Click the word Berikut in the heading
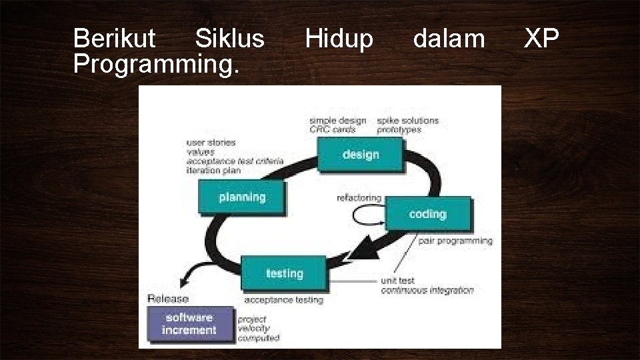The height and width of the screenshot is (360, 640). pyautogui.click(x=114, y=39)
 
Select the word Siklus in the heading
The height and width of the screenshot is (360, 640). pyautogui.click(x=229, y=39)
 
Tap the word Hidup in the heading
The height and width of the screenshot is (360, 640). pyautogui.click(x=339, y=39)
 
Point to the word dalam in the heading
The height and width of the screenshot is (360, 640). pyautogui.click(x=449, y=39)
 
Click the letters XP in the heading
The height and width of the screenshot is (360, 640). pyautogui.click(x=541, y=39)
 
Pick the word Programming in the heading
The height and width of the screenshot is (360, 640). pyautogui.click(x=155, y=64)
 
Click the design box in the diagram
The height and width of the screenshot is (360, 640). pyautogui.click(x=360, y=154)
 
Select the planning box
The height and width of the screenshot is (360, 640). pyautogui.click(x=242, y=197)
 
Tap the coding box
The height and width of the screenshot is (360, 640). pyautogui.click(x=427, y=214)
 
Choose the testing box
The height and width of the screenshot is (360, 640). pyautogui.click(x=284, y=273)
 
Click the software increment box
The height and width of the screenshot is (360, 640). pyautogui.click(x=191, y=324)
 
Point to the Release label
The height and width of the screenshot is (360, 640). pyautogui.click(x=168, y=299)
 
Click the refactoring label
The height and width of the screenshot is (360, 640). pyautogui.click(x=359, y=198)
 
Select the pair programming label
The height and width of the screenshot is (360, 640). pyautogui.click(x=455, y=241)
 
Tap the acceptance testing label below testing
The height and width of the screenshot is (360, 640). pyautogui.click(x=283, y=300)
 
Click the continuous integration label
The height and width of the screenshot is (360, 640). pyautogui.click(x=427, y=291)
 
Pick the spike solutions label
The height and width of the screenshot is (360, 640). pyautogui.click(x=407, y=121)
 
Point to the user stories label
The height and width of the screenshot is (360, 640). pyautogui.click(x=211, y=143)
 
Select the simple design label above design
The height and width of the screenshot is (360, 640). pyautogui.click(x=337, y=121)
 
